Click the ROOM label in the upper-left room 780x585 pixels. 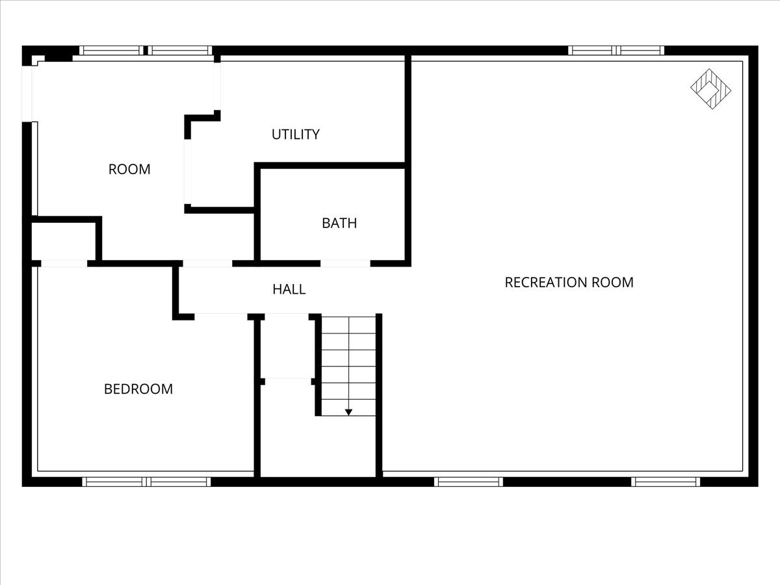tap(129, 170)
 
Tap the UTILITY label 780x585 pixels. tap(296, 135)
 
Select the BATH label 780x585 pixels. tap(339, 224)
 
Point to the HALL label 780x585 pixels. tap(289, 289)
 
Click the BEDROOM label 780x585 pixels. tap(138, 389)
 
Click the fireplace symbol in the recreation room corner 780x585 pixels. tap(710, 89)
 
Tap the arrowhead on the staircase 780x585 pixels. tap(348, 411)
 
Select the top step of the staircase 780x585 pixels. tap(349, 325)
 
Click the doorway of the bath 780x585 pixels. tap(345, 263)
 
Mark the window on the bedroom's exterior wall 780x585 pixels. tap(146, 482)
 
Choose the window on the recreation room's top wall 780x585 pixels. tap(616, 50)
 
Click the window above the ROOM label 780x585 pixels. tap(146, 50)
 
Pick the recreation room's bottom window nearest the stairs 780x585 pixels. tap(468, 482)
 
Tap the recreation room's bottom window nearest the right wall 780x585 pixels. tap(666, 482)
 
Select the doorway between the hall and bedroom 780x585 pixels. tap(220, 317)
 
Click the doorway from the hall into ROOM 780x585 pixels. tap(207, 263)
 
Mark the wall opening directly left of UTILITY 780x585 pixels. tap(188, 172)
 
